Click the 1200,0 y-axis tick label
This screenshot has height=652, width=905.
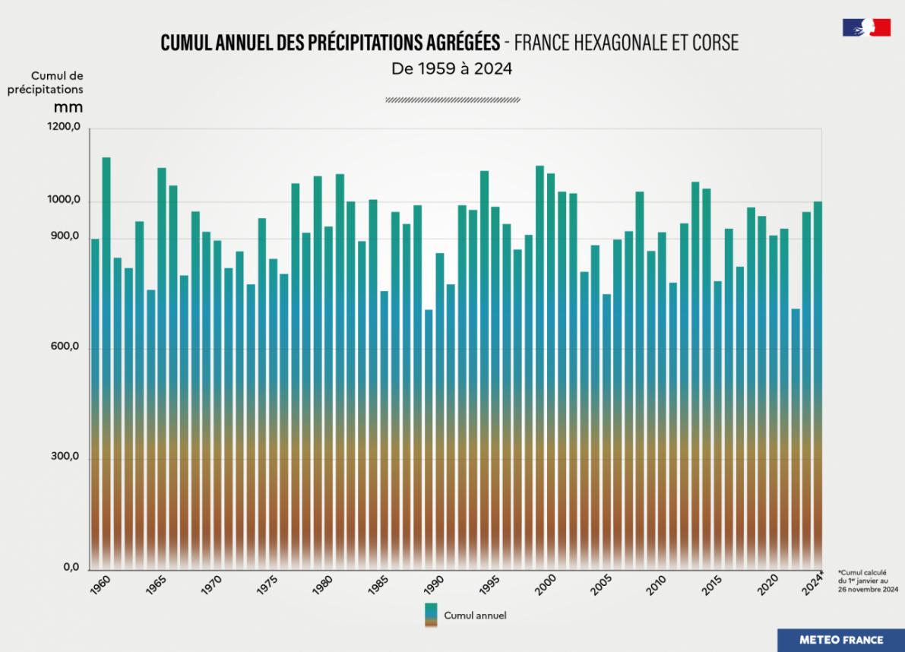pyautogui.click(x=65, y=128)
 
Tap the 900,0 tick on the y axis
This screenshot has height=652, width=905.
pyautogui.click(x=65, y=237)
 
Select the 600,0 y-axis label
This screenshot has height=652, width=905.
pyautogui.click(x=65, y=347)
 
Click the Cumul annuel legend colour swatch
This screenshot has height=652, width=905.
pyautogui.click(x=431, y=616)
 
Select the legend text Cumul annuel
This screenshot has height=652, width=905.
pyautogui.click(x=475, y=616)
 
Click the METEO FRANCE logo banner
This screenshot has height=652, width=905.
pyautogui.click(x=840, y=640)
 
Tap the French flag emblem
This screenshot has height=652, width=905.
pyautogui.click(x=866, y=28)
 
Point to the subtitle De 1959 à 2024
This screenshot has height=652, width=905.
pyautogui.click(x=452, y=68)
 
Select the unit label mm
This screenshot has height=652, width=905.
pyautogui.click(x=68, y=107)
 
